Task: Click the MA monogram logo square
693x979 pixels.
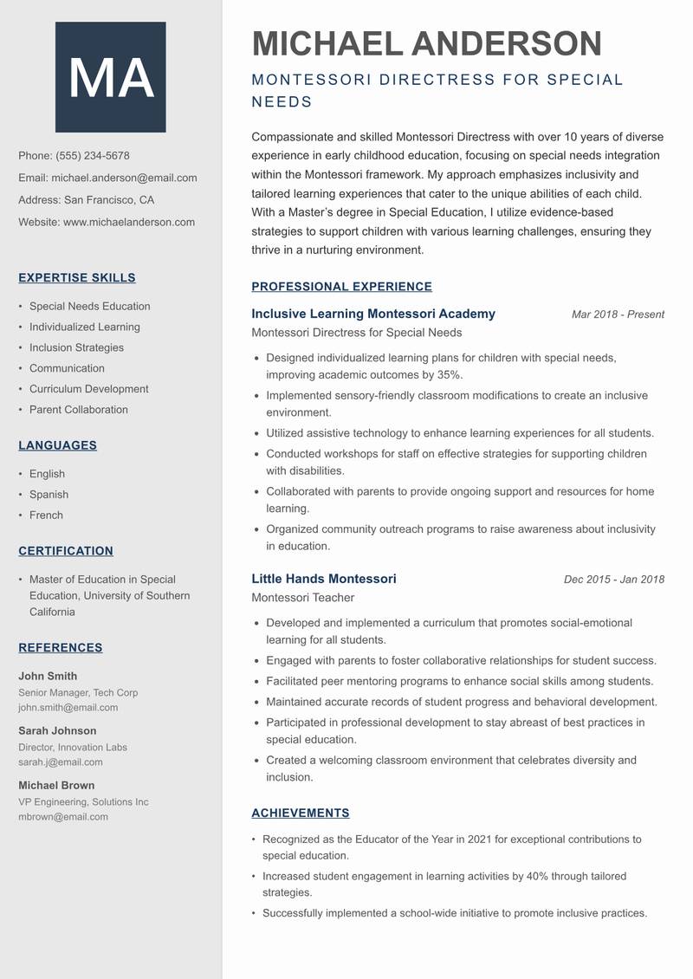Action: (110, 77)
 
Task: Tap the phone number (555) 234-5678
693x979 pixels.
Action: (93, 156)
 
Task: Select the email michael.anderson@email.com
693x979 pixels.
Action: (124, 178)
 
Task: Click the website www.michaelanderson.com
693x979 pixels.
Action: (129, 222)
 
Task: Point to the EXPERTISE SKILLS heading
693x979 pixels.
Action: (77, 278)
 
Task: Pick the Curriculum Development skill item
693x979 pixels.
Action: (88, 389)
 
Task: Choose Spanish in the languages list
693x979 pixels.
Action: (49, 495)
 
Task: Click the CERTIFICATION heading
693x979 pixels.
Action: (66, 551)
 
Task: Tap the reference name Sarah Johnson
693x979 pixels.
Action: (57, 730)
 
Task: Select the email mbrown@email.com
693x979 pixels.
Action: (63, 816)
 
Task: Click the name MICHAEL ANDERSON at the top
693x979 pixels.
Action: (426, 43)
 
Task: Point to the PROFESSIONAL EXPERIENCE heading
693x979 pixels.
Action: (341, 287)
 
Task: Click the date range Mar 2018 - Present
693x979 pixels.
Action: (618, 314)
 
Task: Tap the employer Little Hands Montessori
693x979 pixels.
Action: (324, 579)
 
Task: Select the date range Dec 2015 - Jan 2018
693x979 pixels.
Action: (613, 580)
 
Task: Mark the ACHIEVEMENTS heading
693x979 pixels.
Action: (300, 814)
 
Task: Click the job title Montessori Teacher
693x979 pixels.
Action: (302, 598)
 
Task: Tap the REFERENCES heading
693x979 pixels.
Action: (61, 648)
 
